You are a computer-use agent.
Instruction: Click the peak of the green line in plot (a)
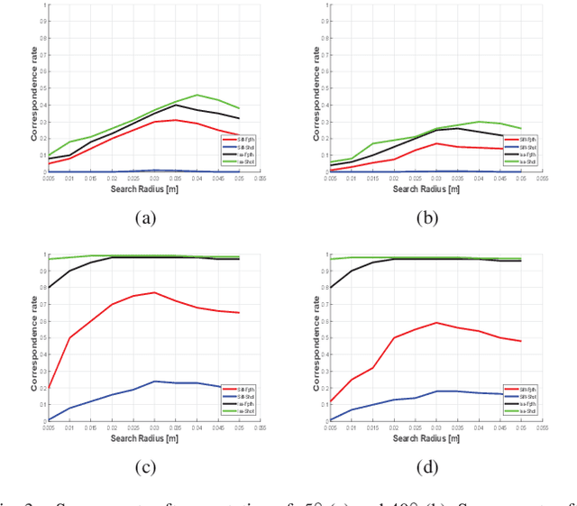[x=197, y=95]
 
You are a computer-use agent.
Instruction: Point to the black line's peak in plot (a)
[x=177, y=105]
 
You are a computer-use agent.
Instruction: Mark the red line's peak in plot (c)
[x=155, y=292]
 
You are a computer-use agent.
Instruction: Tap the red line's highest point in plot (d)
[x=436, y=322]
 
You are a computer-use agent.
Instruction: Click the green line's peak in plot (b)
[x=480, y=121]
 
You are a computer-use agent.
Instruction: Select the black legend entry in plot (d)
[x=517, y=401]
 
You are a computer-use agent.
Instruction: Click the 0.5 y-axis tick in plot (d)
[x=322, y=337]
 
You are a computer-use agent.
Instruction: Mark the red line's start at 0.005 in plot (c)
[x=49, y=387]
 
